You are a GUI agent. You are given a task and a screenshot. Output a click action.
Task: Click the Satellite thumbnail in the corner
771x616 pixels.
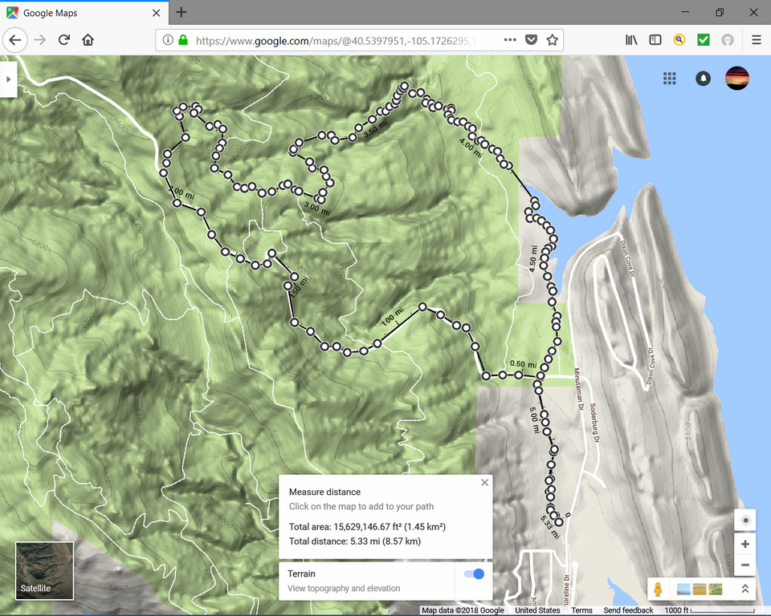(x=44, y=570)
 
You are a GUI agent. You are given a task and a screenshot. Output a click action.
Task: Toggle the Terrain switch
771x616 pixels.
(x=474, y=573)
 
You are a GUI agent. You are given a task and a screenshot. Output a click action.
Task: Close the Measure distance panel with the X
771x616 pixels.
(x=484, y=483)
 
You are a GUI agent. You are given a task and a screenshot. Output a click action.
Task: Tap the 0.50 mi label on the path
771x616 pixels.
(x=523, y=363)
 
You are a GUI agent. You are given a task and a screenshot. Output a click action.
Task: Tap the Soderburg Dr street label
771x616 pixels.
(x=594, y=422)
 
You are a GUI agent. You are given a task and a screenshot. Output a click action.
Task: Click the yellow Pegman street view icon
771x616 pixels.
(x=658, y=590)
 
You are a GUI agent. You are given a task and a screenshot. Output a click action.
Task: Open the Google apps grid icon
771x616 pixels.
(x=670, y=78)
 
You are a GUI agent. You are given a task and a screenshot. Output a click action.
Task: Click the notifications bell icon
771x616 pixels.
(x=704, y=79)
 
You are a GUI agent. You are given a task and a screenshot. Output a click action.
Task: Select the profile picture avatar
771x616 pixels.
(x=737, y=78)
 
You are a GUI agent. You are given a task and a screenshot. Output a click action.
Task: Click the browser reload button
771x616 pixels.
(x=63, y=39)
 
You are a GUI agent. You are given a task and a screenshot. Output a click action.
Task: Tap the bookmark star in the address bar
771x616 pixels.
(x=553, y=39)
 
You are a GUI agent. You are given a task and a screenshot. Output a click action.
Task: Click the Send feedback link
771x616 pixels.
(x=628, y=610)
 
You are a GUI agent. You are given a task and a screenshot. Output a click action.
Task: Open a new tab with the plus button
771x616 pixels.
(x=182, y=12)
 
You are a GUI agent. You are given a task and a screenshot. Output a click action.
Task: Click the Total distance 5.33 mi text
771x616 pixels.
(x=355, y=541)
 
